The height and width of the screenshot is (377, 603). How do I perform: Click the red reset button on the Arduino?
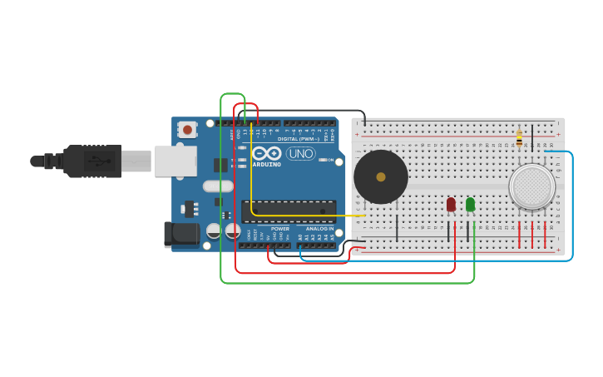tap(187, 129)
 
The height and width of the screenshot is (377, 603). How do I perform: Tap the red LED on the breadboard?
tap(451, 204)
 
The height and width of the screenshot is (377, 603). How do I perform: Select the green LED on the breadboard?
tap(470, 204)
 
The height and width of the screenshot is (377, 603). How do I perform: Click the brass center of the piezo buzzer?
tap(381, 176)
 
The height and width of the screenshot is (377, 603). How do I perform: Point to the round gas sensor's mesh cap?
tap(531, 186)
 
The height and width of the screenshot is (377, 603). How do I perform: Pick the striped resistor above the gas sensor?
tap(519, 139)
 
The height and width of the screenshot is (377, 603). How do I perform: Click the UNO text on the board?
tap(300, 153)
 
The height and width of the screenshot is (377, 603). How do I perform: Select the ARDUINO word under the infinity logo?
tap(266, 164)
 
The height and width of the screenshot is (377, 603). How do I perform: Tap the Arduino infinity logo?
tap(266, 153)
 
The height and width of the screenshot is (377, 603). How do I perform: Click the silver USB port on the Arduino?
tap(175, 161)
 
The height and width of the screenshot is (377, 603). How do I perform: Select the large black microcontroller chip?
tap(289, 211)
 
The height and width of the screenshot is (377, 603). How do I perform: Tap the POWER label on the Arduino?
tap(280, 229)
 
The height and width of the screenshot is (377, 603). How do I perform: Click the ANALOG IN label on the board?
tap(319, 229)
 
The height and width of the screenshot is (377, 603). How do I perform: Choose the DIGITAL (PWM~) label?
tap(299, 139)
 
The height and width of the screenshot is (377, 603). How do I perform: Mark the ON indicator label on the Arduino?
tap(329, 160)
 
